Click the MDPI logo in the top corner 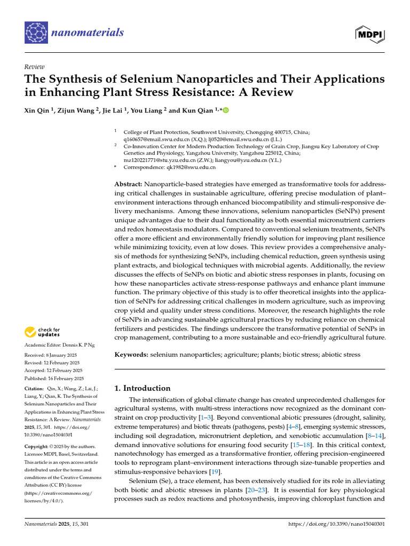[370, 33]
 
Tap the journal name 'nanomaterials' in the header [88, 33]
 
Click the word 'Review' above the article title [34, 67]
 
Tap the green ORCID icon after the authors [225, 110]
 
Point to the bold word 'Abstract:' [128, 183]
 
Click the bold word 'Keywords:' [131, 355]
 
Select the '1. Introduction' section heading [143, 388]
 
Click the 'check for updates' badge [43, 332]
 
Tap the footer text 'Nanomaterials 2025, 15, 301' [57, 524]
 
